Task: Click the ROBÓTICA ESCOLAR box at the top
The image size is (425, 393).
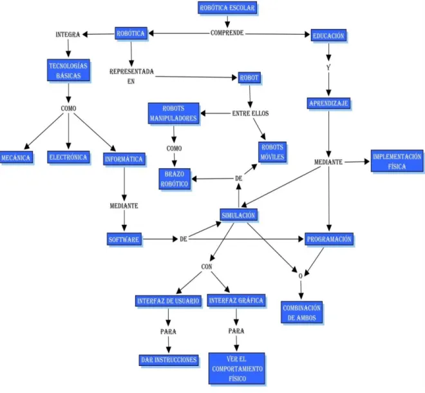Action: (227, 8)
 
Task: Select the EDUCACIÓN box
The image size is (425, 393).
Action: (328, 35)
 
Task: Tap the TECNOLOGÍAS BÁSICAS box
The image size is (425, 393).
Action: (68, 70)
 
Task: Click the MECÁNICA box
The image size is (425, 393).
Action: (16, 158)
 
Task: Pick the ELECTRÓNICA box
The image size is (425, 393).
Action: (68, 157)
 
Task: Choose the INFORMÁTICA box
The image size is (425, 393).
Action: (124, 159)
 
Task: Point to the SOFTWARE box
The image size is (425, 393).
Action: (124, 239)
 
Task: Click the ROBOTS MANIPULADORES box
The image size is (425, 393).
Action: (173, 113)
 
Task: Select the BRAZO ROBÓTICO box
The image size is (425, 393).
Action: (175, 179)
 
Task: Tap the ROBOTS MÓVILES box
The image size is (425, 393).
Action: (272, 152)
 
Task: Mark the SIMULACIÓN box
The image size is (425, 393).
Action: (238, 215)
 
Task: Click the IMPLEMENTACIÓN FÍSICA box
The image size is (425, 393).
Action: (397, 161)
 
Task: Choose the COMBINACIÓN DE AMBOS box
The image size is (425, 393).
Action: (301, 312)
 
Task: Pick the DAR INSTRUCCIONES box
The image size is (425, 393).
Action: (169, 360)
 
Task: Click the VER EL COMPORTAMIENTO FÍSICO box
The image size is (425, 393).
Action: (236, 369)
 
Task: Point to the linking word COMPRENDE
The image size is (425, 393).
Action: (227, 33)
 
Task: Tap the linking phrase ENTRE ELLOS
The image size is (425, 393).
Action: (250, 113)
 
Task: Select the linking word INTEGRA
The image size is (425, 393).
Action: (68, 34)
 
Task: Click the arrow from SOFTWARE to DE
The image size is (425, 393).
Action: (160, 239)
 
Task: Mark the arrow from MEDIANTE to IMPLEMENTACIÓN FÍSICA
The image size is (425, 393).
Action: (357, 162)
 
